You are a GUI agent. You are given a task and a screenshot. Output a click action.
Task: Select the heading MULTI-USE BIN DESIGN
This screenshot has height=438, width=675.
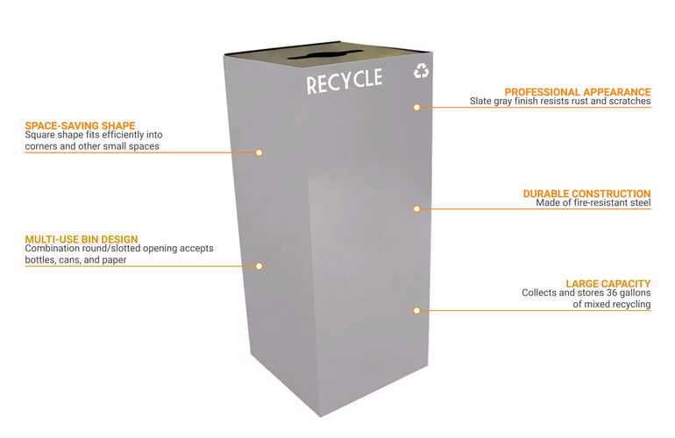[x=82, y=238]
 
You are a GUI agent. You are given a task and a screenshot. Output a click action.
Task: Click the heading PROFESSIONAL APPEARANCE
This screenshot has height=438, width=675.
[x=578, y=91]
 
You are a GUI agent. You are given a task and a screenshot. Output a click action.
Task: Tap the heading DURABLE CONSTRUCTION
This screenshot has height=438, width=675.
[x=586, y=193]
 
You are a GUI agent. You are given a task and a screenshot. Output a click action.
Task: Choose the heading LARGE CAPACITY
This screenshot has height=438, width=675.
[x=607, y=283]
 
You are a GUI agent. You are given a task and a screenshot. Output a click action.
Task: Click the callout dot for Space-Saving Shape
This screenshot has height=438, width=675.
[x=259, y=152]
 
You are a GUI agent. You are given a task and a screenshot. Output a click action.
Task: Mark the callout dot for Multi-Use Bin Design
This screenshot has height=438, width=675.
[x=259, y=265]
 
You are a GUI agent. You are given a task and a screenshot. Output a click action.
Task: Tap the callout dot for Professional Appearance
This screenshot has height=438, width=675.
[x=417, y=107]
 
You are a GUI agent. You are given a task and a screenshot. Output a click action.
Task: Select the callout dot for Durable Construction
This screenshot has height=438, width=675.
[x=417, y=208]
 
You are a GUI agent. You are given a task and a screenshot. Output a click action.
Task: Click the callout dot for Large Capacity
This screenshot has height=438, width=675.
[x=417, y=310]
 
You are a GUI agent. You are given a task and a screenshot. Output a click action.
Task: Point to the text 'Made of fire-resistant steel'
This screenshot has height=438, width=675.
[x=593, y=203]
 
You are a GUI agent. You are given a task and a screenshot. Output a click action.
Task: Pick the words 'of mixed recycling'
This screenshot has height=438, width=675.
[x=611, y=304]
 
